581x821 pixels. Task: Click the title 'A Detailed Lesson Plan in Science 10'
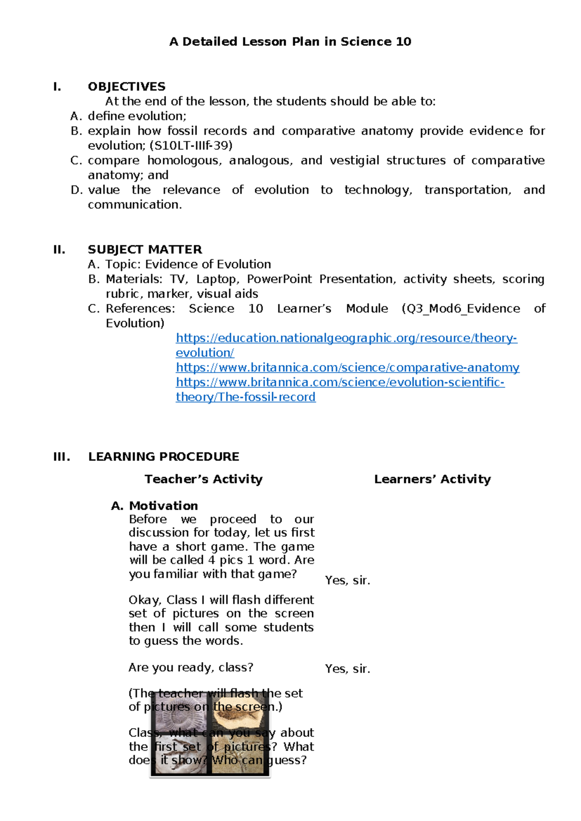pyautogui.click(x=290, y=42)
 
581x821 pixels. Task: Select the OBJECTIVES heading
pyautogui.click(x=126, y=87)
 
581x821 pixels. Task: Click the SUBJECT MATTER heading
pyautogui.click(x=145, y=250)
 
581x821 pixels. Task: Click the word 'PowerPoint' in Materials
pyautogui.click(x=279, y=279)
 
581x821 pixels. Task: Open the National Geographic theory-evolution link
pyautogui.click(x=346, y=338)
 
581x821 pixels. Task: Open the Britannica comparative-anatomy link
pyautogui.click(x=347, y=367)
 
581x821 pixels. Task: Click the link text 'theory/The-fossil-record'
pyautogui.click(x=245, y=397)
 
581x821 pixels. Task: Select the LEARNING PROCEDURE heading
pyautogui.click(x=164, y=457)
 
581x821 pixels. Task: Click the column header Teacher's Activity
pyautogui.click(x=203, y=479)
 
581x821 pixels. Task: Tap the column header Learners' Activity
pyautogui.click(x=432, y=479)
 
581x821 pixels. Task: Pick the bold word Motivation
pyautogui.click(x=163, y=506)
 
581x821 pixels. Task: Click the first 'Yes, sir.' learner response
pyautogui.click(x=347, y=580)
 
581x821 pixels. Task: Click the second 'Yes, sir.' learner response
pyautogui.click(x=347, y=669)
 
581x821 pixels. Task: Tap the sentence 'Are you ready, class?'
pyautogui.click(x=191, y=668)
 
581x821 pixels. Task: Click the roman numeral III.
pyautogui.click(x=61, y=457)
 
